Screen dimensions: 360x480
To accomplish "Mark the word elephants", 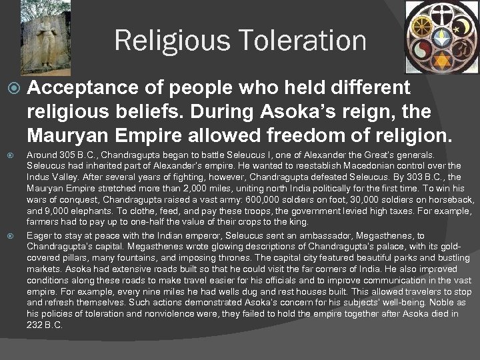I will coord(88,211).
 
